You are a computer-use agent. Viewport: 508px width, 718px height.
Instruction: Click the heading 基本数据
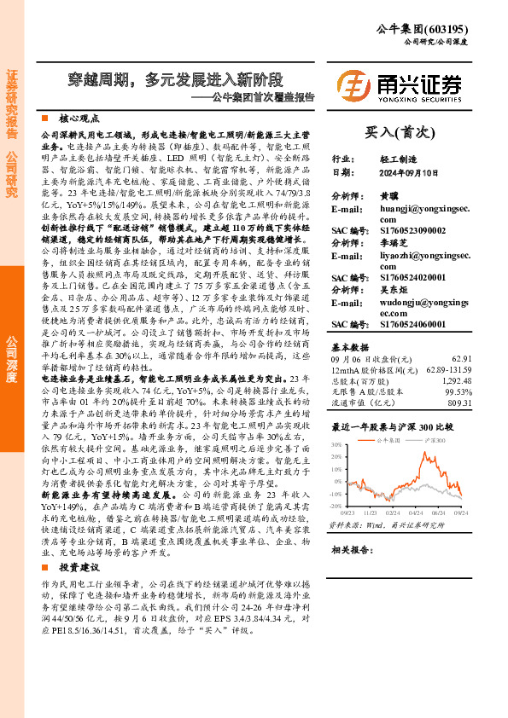tap(349, 347)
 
